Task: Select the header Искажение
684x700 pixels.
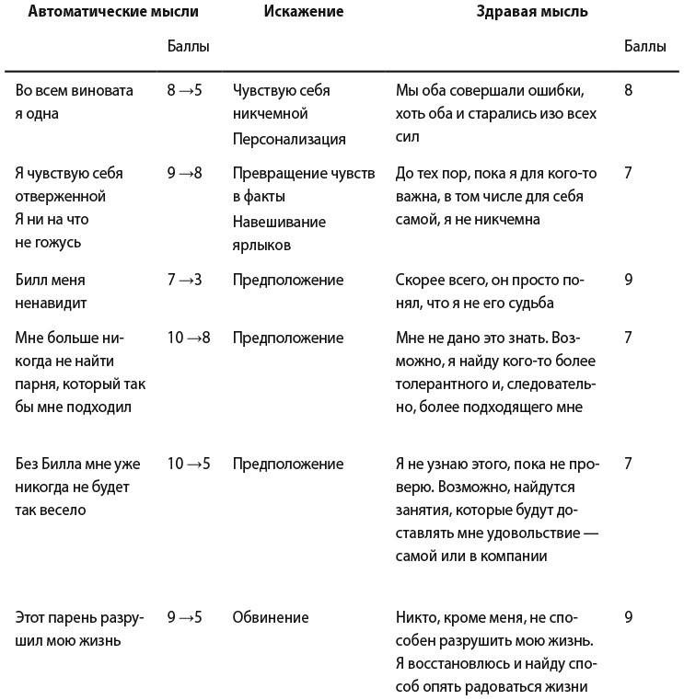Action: (303, 12)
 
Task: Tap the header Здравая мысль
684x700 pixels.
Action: (532, 12)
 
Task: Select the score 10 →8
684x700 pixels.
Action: (189, 338)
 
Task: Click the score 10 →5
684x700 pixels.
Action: (189, 464)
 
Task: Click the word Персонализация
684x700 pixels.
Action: (289, 140)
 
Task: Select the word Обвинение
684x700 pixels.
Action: (271, 617)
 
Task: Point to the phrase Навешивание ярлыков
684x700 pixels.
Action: (279, 234)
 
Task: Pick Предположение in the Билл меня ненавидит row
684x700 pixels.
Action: (288, 280)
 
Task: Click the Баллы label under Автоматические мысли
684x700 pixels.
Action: (188, 47)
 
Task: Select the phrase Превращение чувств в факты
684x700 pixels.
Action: (304, 185)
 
